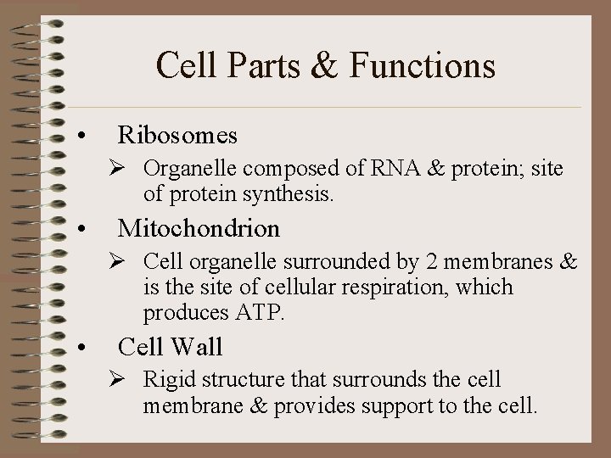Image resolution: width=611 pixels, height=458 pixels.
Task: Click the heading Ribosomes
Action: [177, 135]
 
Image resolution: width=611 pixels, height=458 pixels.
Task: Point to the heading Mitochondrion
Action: [199, 228]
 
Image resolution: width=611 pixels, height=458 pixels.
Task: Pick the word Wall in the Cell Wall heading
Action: [196, 346]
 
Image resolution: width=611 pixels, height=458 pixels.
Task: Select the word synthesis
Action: [289, 195]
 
